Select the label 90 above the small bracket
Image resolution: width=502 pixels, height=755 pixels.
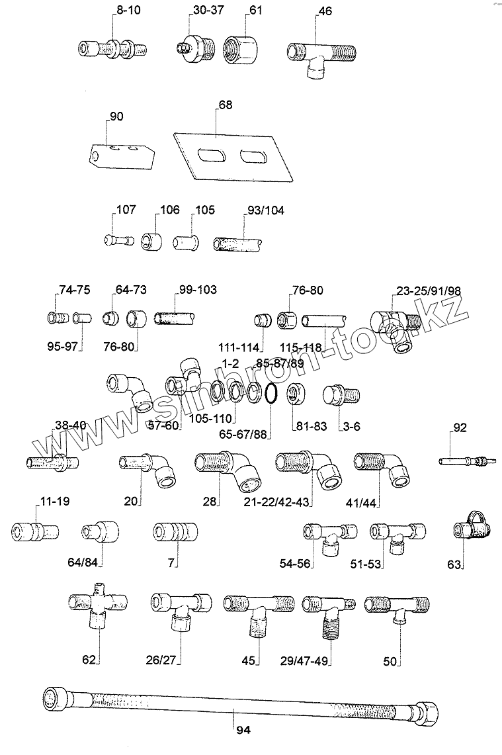[x=116, y=116]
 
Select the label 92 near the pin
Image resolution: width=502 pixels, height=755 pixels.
[x=460, y=428]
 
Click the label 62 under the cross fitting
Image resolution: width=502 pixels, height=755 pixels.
[x=89, y=659]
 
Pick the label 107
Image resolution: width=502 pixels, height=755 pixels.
[x=126, y=210]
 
